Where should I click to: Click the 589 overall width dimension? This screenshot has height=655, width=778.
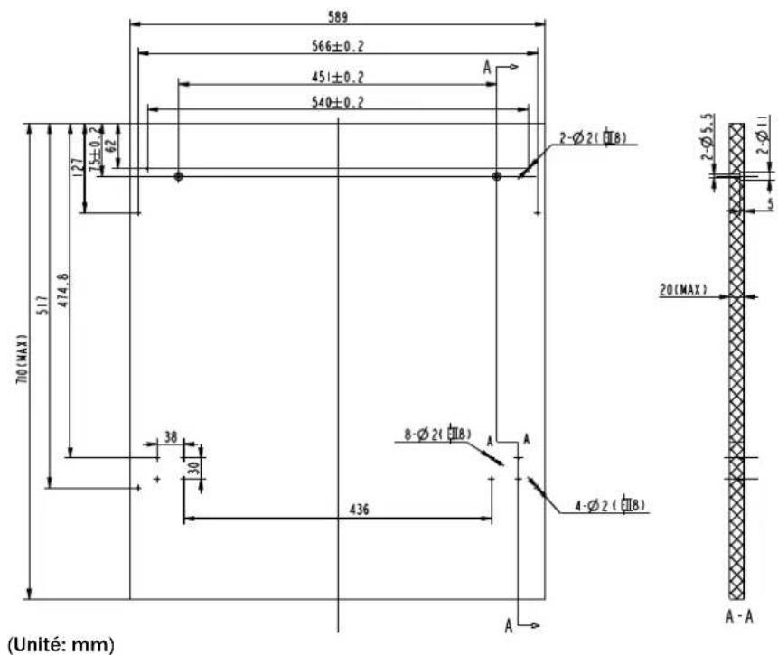(338, 15)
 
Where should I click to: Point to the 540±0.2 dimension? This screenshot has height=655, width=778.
(338, 102)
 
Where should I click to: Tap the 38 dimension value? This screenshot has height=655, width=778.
(171, 437)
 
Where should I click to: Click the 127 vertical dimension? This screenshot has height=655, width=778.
(77, 164)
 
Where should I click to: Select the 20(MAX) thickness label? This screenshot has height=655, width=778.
(682, 290)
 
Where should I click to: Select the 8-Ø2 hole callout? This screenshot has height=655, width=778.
(438, 435)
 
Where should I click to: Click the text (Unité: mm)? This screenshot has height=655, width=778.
(52, 642)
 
